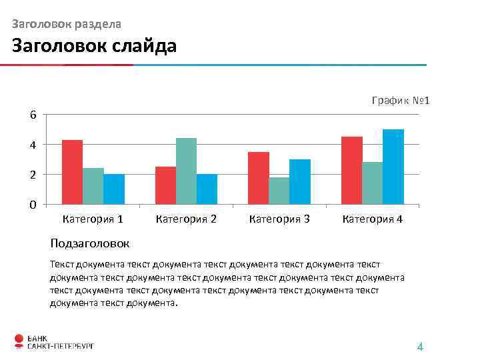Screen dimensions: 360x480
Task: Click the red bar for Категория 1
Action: coord(72,172)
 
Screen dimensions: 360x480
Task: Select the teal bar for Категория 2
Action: coord(186,171)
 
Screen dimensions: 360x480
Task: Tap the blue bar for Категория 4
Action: coord(393,167)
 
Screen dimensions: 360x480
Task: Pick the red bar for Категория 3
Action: coord(259,178)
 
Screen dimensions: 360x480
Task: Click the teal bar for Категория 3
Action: coord(279,191)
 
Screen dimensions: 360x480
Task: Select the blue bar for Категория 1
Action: coord(114,189)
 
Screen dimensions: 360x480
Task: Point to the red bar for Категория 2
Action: coord(165,185)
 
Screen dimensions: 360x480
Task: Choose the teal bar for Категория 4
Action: coord(372,183)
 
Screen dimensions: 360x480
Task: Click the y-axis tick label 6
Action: coord(33,115)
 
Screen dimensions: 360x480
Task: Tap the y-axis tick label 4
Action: coord(33,145)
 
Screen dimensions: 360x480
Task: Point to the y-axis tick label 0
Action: coord(33,205)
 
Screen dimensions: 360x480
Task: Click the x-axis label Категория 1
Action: coord(93,219)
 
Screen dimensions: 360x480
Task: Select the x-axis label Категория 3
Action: coord(279,219)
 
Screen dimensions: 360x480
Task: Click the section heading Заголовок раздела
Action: coord(67,24)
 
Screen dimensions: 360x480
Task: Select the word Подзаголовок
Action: coord(90,243)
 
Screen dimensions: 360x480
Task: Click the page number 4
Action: coord(420,347)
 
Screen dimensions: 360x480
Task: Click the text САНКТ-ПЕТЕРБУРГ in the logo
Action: coord(60,346)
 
